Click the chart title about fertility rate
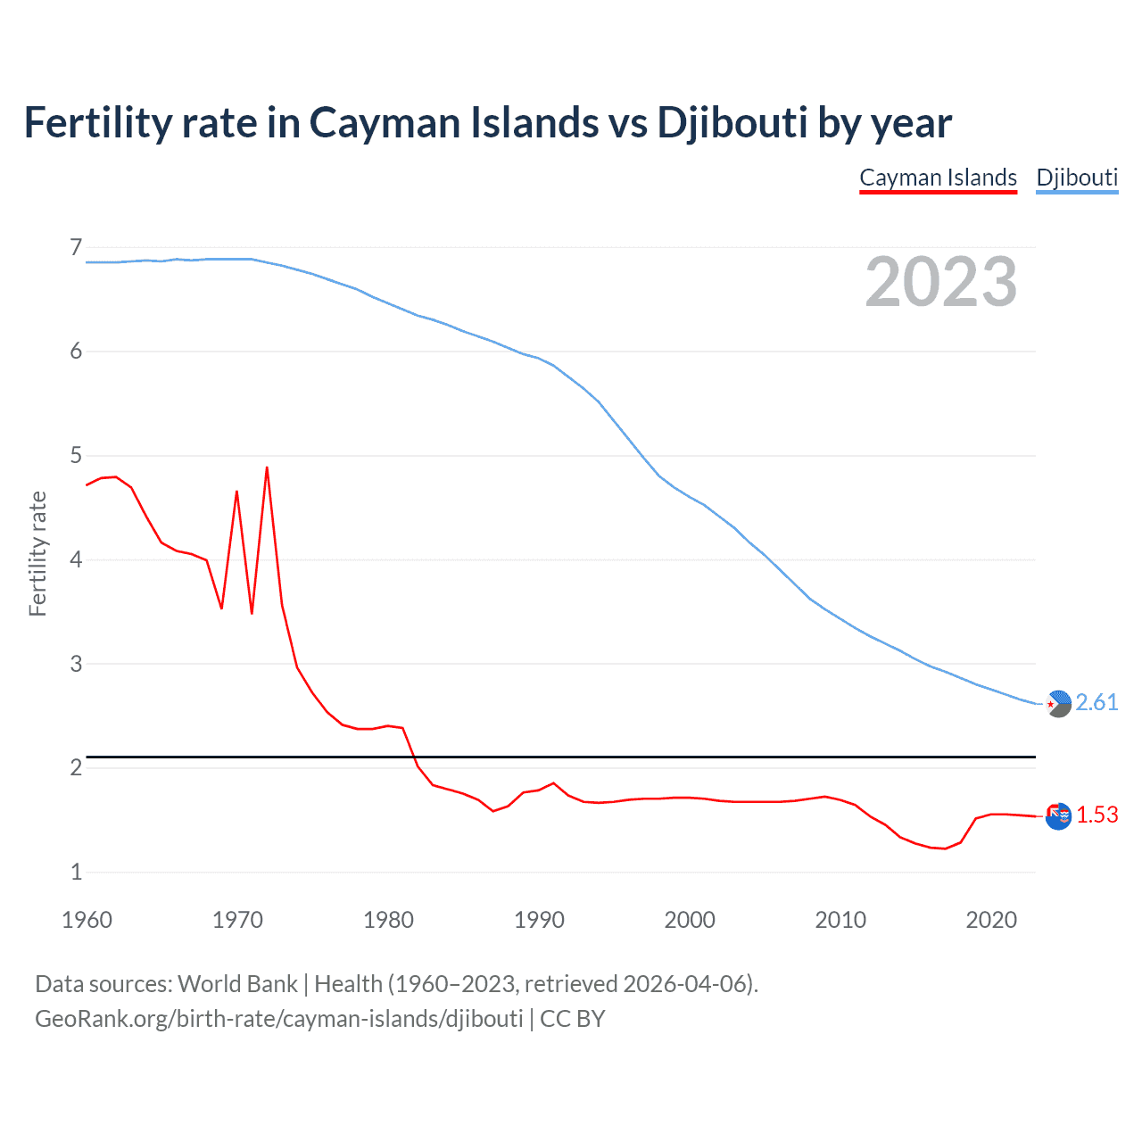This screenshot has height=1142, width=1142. [487, 123]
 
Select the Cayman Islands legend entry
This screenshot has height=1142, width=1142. [938, 178]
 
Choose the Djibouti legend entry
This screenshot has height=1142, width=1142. [1077, 178]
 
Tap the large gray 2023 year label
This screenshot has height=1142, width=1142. [941, 282]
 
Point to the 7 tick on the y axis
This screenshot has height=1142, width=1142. [76, 247]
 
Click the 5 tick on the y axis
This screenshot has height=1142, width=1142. [76, 456]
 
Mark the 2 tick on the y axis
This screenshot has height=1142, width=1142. [76, 767]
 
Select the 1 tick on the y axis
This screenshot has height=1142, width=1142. [76, 872]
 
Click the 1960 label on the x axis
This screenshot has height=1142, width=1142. [87, 920]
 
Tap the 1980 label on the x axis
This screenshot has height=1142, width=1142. [388, 920]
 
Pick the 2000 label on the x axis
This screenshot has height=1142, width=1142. [690, 920]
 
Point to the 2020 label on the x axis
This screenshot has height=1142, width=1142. [991, 920]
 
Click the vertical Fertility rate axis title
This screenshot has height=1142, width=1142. [37, 553]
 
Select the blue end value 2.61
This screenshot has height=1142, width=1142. [1096, 703]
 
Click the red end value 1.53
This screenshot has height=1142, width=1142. [1096, 815]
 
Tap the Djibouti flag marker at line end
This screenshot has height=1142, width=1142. [1058, 704]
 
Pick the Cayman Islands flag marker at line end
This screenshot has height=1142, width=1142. [1058, 815]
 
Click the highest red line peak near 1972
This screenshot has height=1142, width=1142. [267, 468]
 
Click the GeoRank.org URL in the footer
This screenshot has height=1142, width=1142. [279, 1019]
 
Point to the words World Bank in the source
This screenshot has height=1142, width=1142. [237, 984]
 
